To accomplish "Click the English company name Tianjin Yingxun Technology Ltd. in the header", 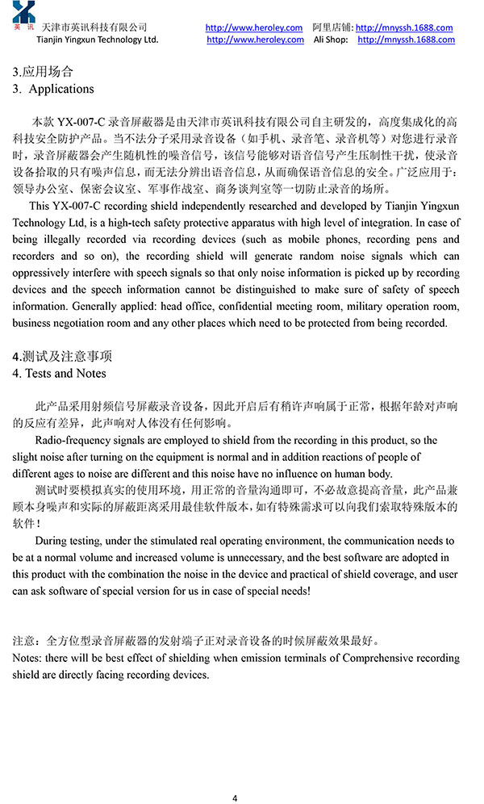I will click(98, 40).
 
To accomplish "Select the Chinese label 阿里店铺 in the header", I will click(332, 27).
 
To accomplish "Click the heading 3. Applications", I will click(53, 89).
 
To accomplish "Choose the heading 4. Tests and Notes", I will click(60, 374).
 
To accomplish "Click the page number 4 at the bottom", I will click(235, 777).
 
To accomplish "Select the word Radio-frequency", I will click(73, 441).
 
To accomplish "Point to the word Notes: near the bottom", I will click(30, 659).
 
